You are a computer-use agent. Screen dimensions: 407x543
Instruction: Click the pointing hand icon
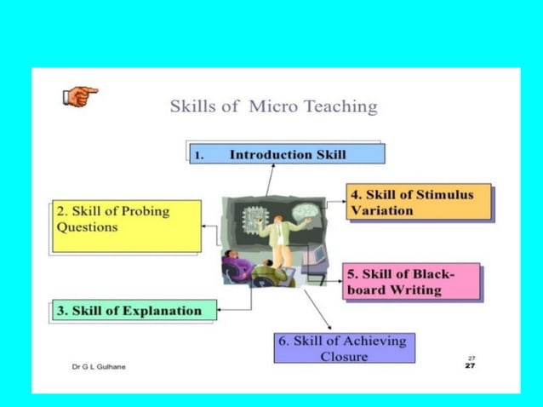[80, 96]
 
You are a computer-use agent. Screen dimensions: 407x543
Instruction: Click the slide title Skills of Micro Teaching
[273, 107]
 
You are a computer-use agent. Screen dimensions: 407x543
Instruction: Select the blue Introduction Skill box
[287, 154]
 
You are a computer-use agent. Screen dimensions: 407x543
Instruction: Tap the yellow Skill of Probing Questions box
[127, 226]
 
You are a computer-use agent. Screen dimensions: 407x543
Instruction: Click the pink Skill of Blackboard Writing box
[411, 282]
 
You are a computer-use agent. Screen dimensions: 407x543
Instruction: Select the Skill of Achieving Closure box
[344, 347]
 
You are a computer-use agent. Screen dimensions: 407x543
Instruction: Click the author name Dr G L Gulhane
[98, 366]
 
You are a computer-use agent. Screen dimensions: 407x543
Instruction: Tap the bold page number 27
[471, 366]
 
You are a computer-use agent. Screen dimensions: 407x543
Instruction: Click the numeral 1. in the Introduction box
[199, 155]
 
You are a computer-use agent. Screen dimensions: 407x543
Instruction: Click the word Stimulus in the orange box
[442, 195]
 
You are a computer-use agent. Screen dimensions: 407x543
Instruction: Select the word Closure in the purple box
[346, 356]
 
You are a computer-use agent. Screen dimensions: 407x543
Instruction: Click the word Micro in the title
[270, 107]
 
